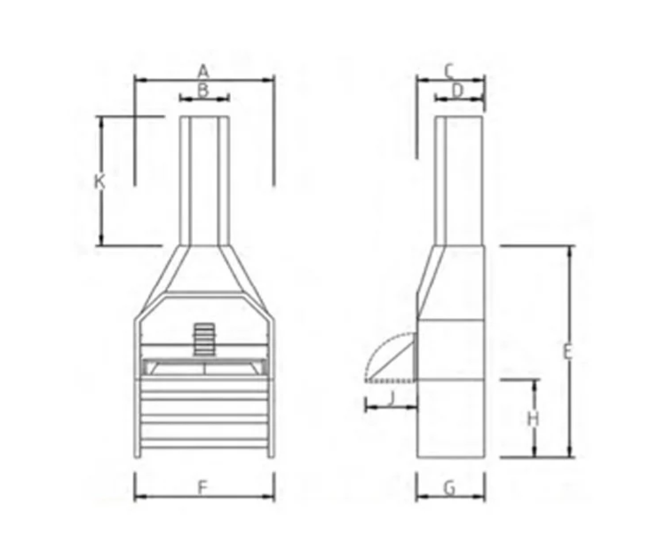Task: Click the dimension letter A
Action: pyautogui.click(x=202, y=69)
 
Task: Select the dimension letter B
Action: pyautogui.click(x=202, y=89)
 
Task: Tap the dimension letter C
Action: pyautogui.click(x=449, y=69)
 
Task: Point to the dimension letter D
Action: pyautogui.click(x=457, y=89)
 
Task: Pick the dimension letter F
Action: pyautogui.click(x=202, y=487)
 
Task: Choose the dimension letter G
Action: pyautogui.click(x=449, y=487)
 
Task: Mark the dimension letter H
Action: pyautogui.click(x=532, y=418)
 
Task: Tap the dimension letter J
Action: pyautogui.click(x=391, y=398)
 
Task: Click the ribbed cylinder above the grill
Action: pyautogui.click(x=204, y=338)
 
